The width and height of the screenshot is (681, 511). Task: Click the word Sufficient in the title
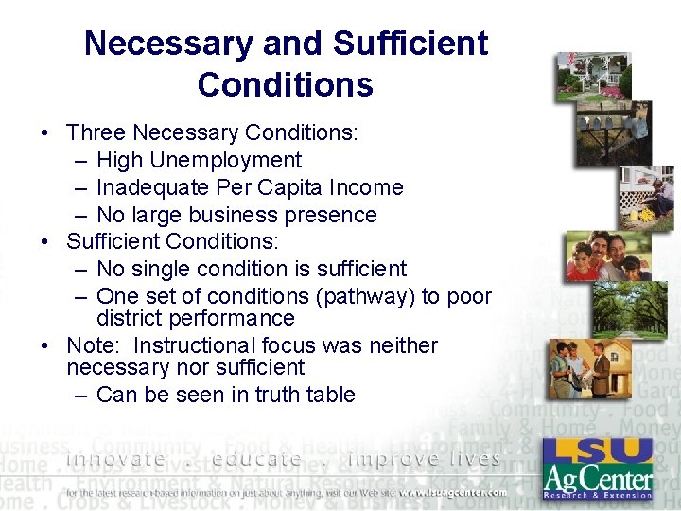tap(411, 44)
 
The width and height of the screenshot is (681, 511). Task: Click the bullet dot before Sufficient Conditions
tap(45, 242)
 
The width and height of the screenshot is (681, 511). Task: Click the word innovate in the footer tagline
tap(115, 460)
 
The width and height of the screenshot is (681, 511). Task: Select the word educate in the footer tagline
tap(257, 460)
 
